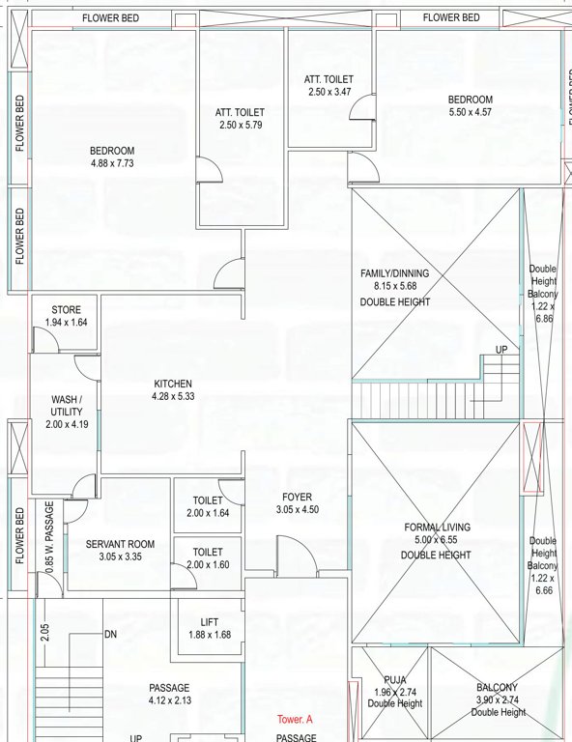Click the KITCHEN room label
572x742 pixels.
173,384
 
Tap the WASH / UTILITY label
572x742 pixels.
67,405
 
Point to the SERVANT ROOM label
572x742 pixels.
120,545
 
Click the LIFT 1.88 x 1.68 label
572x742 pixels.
209,628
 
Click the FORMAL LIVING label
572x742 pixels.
438,528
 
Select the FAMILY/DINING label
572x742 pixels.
394,273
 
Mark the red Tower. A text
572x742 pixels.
296,720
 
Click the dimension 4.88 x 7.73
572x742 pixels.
112,164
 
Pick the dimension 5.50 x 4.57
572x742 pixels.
471,113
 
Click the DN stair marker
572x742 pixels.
111,635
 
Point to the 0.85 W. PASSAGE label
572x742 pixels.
49,552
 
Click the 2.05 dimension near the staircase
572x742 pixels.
45,633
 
